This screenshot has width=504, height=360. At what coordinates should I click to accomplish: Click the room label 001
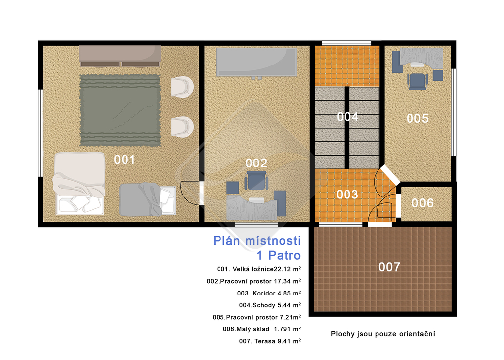(x=125, y=159)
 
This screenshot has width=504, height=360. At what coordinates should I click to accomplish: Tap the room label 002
(x=256, y=163)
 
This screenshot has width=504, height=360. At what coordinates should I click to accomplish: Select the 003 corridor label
(x=347, y=195)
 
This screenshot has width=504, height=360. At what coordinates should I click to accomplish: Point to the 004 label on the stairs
(x=347, y=116)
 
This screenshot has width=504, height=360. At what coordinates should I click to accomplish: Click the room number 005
(x=417, y=118)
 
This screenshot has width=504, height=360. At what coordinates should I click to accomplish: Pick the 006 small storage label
(x=422, y=203)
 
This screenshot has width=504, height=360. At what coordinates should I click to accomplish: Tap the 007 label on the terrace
(x=389, y=267)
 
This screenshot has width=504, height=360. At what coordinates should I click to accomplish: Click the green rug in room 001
(x=120, y=110)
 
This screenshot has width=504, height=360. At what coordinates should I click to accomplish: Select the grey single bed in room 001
(x=147, y=199)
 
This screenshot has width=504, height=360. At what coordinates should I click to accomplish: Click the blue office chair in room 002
(x=256, y=181)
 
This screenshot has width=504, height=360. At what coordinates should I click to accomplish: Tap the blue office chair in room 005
(x=417, y=81)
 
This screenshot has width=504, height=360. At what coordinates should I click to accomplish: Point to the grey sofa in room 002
(x=256, y=63)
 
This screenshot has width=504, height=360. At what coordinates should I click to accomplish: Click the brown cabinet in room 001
(x=120, y=56)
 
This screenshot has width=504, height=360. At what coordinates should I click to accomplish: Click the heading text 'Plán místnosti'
(x=257, y=241)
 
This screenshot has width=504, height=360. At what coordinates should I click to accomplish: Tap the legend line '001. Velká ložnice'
(x=245, y=269)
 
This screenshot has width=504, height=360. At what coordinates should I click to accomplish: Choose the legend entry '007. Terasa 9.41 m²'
(x=270, y=341)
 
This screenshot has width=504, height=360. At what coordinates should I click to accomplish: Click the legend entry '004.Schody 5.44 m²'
(x=270, y=305)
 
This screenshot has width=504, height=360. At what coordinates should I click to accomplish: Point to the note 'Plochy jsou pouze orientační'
(x=383, y=334)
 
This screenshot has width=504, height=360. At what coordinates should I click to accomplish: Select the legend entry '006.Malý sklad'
(x=246, y=329)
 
